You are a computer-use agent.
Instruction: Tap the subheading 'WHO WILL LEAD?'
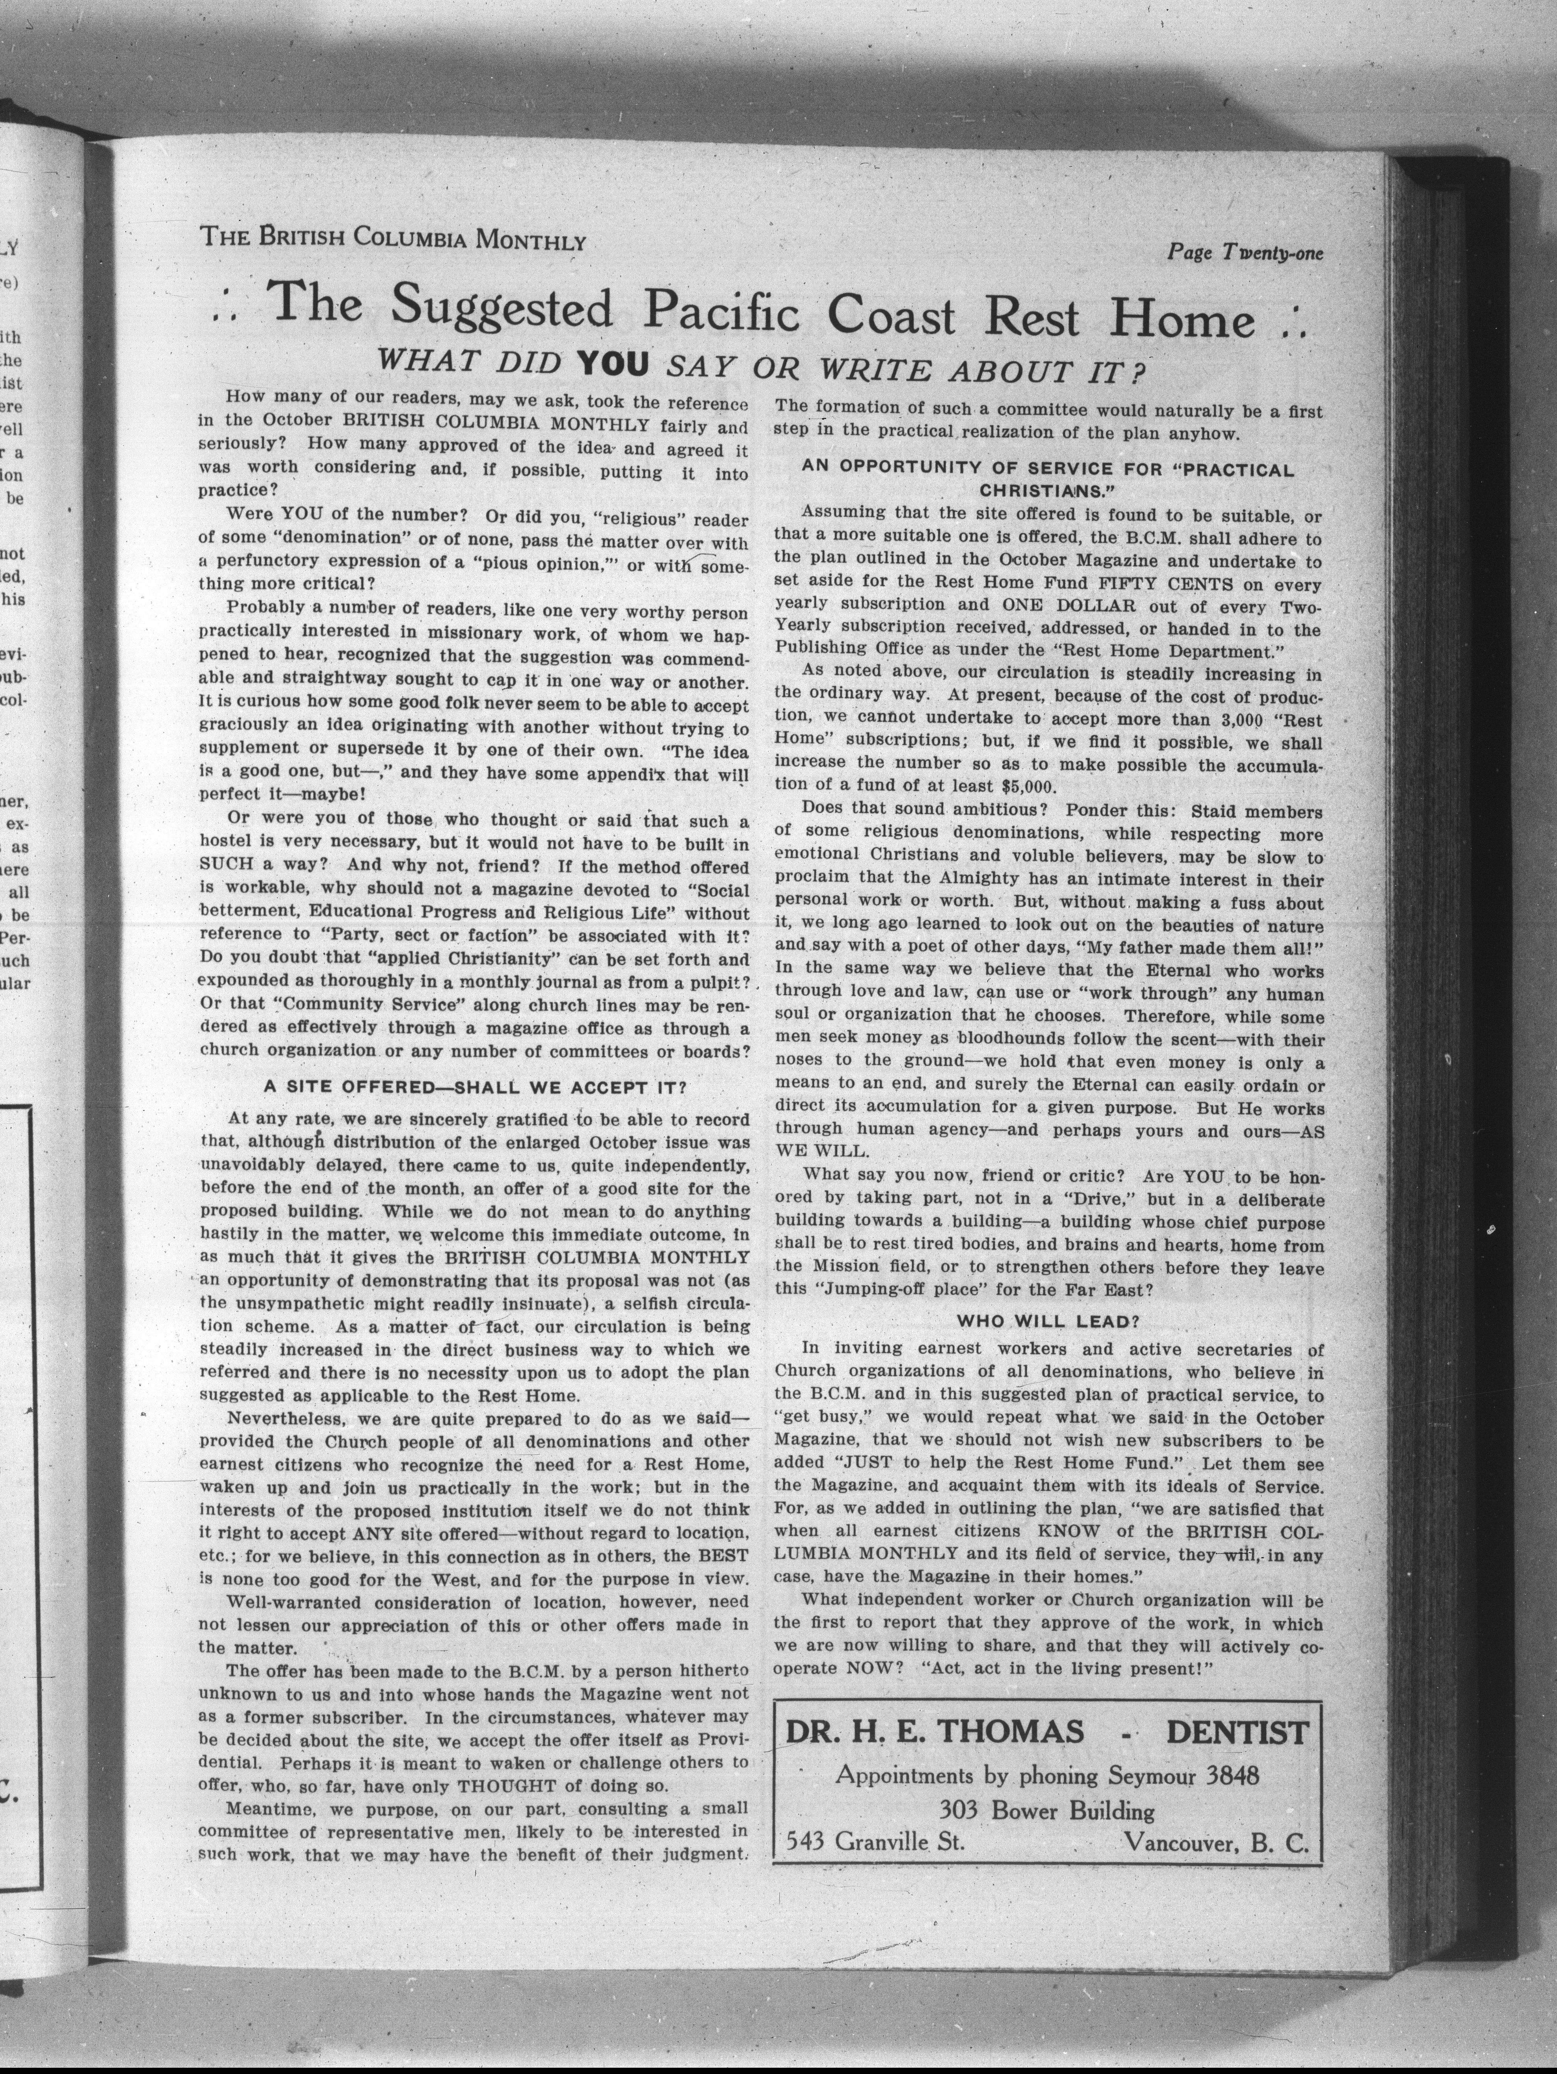tap(1047, 1321)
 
